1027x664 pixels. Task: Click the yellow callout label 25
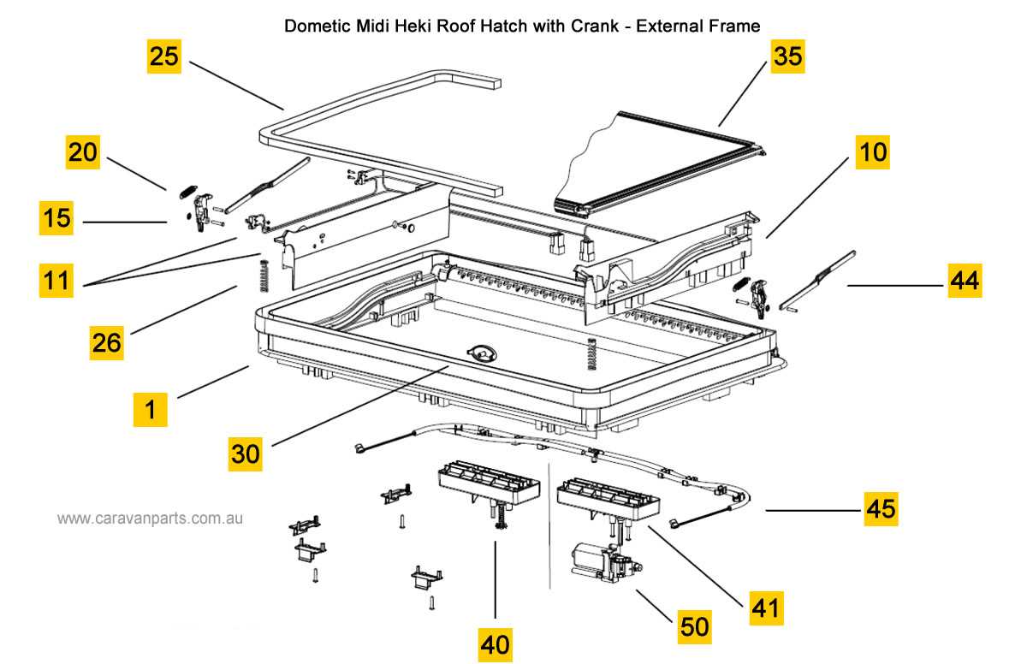tap(163, 56)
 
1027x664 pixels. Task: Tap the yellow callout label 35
tap(787, 56)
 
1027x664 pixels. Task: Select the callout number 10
tap(874, 152)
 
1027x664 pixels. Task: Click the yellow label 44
tap(965, 280)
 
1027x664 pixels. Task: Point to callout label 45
tap(881, 508)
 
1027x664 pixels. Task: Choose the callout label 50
tap(694, 627)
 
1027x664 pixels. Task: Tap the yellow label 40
tap(496, 643)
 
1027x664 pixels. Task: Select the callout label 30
tap(245, 454)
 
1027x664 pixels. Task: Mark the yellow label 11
tap(56, 280)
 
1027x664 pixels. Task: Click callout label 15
tap(56, 218)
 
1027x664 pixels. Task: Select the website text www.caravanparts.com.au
tap(151, 519)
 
